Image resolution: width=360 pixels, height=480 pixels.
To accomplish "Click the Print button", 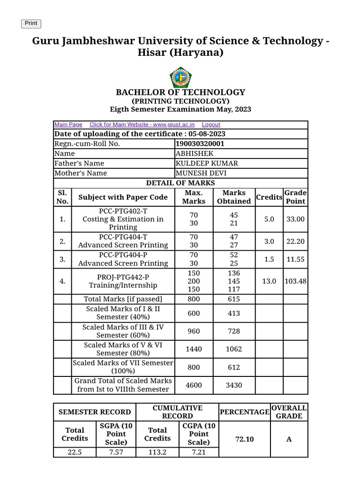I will pyautogui.click(x=31, y=23).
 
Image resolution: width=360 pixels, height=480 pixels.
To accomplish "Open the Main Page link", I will pyautogui.click(x=68, y=125).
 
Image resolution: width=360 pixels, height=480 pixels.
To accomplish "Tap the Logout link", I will pyautogui.click(x=211, y=125).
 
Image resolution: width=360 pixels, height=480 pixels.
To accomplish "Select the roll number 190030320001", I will pyautogui.click(x=199, y=144).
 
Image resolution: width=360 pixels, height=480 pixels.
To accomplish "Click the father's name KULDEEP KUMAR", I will pyautogui.click(x=207, y=164).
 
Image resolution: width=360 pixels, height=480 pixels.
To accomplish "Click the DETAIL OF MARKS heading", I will pyautogui.click(x=180, y=183).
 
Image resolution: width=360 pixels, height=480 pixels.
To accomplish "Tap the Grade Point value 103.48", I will pyautogui.click(x=296, y=281).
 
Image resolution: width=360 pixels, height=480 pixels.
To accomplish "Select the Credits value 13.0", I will pyautogui.click(x=269, y=281).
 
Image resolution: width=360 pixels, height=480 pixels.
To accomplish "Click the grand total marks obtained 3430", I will pyautogui.click(x=234, y=385).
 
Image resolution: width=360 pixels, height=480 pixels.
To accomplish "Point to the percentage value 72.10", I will pyautogui.click(x=244, y=439).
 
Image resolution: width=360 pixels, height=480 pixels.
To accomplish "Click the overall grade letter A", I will pyautogui.click(x=289, y=439).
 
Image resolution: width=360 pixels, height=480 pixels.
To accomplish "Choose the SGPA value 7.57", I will pyautogui.click(x=116, y=452).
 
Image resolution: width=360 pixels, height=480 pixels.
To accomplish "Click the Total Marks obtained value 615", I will pyautogui.click(x=234, y=299).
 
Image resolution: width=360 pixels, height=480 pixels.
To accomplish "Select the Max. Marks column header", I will pyautogui.click(x=194, y=197).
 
